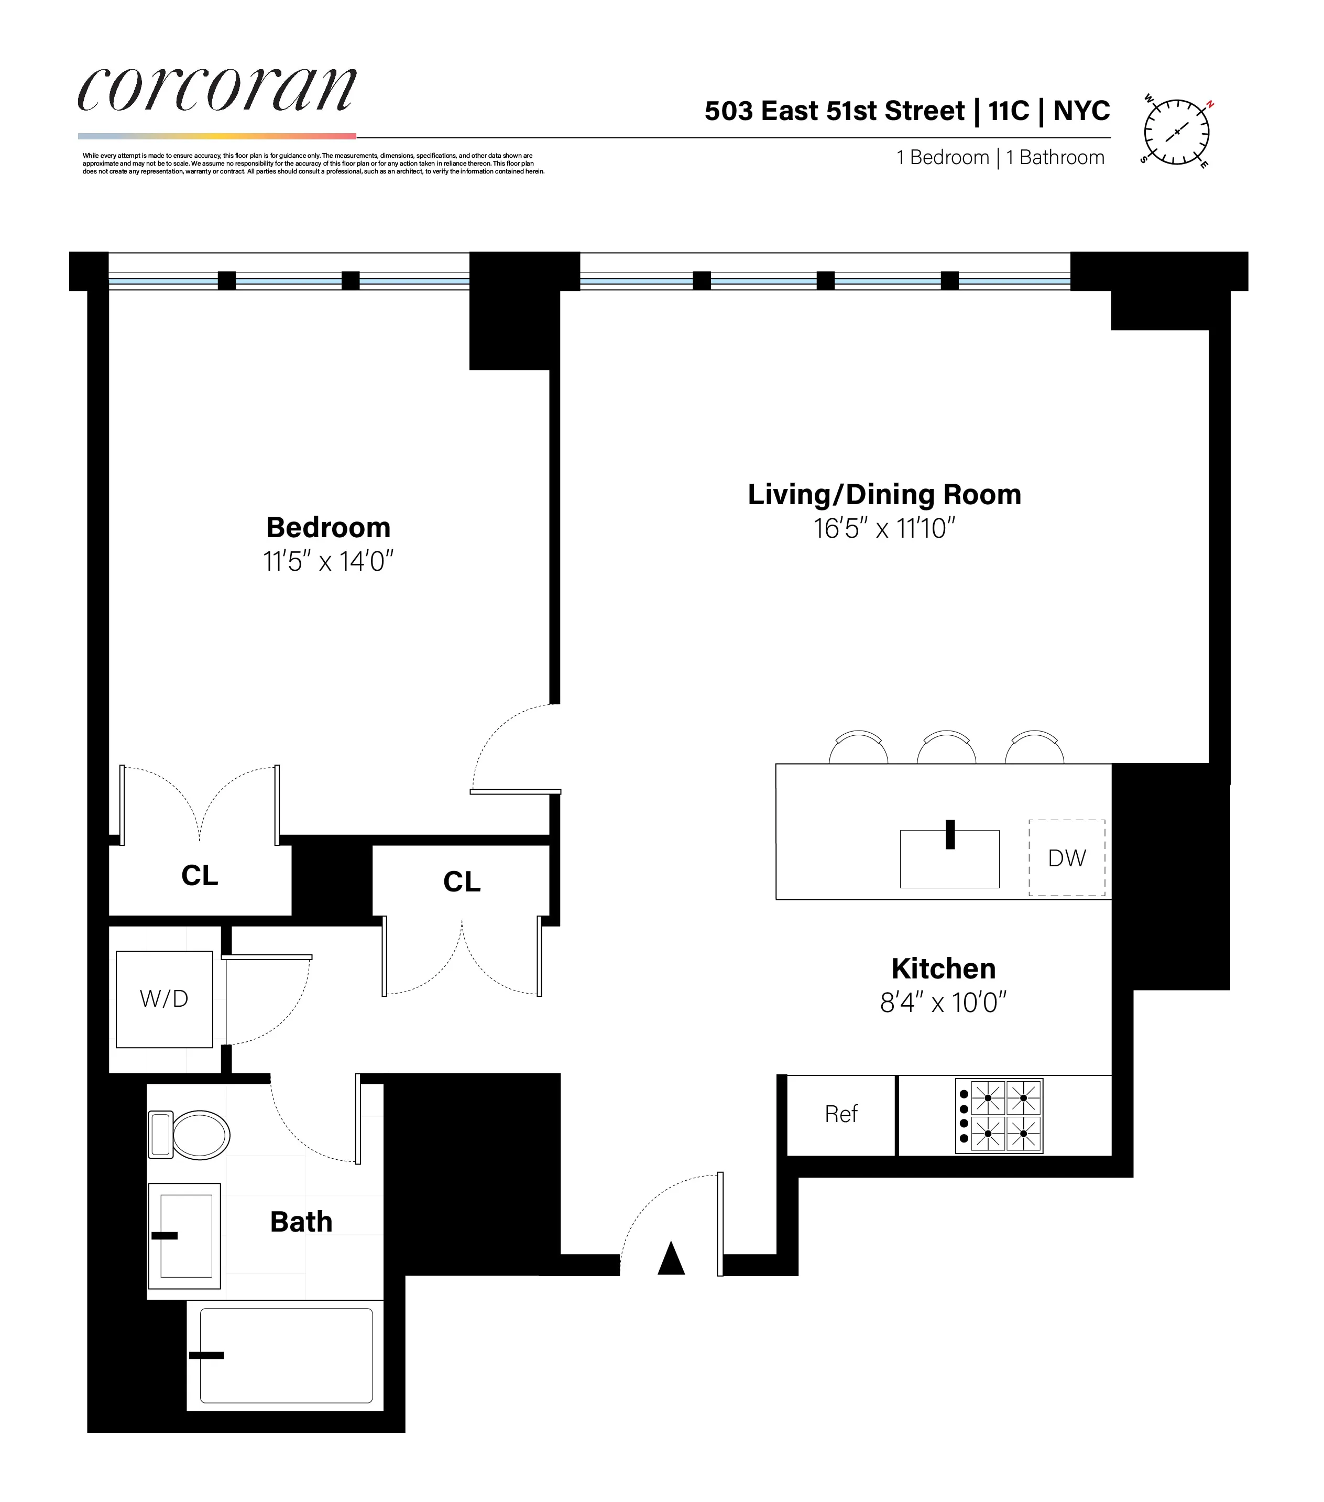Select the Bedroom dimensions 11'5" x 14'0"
pos(329,562)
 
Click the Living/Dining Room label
pos(884,495)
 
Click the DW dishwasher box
pos(1066,857)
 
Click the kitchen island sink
pos(949,858)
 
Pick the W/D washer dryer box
pos(164,999)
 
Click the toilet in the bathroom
pos(190,1135)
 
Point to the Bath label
pos(301,1222)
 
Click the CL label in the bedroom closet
pos(199,876)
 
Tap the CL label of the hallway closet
pos(462,882)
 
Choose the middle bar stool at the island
pos(946,747)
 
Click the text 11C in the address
pos(1009,111)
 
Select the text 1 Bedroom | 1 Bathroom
pos(1000,158)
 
